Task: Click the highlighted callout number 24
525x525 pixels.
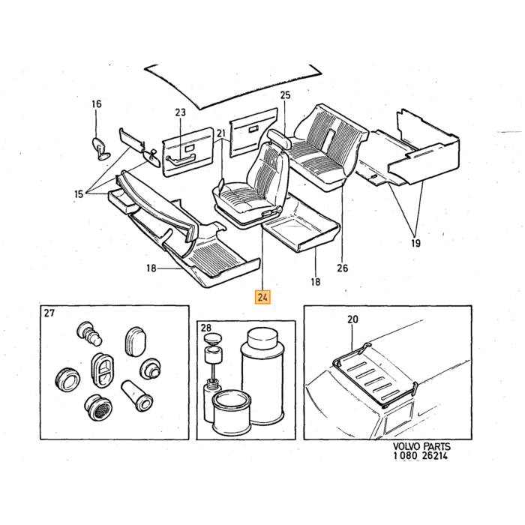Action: pos(262,297)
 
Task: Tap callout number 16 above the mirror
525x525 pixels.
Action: pos(97,104)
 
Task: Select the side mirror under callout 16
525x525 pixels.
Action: pos(100,148)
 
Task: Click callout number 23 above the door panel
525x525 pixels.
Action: pos(180,112)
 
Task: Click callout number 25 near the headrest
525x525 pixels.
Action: pos(285,95)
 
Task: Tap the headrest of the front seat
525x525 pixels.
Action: pos(278,138)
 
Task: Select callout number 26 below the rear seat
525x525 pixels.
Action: pos(343,268)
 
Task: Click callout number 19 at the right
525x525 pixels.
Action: pos(415,243)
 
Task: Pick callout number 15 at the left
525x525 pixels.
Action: pos(79,193)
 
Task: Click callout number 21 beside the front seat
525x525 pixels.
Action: pos(221,133)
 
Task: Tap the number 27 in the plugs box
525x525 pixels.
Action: pos(49,313)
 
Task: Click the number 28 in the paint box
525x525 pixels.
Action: pos(206,328)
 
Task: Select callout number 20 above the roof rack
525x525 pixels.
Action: pos(352,319)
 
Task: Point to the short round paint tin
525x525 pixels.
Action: pos(231,412)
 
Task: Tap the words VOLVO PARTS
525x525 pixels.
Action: pos(421,447)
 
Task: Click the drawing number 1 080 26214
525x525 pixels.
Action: pos(421,456)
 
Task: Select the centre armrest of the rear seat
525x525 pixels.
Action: pos(328,139)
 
